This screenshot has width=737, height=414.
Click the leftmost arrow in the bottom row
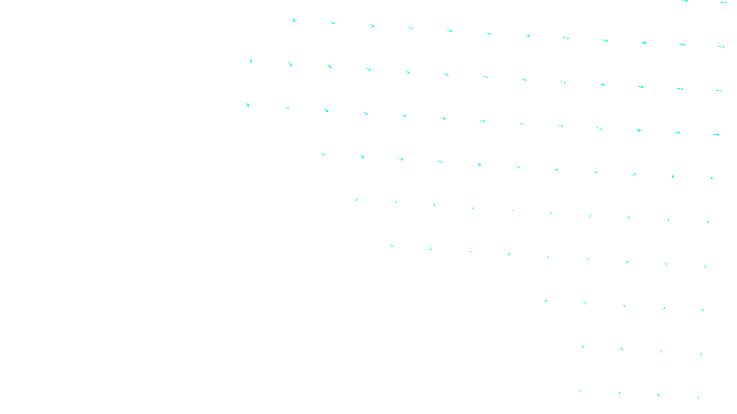click(579, 391)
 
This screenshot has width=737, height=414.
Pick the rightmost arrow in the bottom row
click(698, 398)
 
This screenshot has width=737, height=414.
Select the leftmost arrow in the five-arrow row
click(545, 301)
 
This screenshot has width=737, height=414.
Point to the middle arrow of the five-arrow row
click(624, 305)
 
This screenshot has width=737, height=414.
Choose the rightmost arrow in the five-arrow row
click(703, 310)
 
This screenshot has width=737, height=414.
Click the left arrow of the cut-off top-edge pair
click(685, 1)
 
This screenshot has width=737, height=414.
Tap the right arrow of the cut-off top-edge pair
click(724, 3)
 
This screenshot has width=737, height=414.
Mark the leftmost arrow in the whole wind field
click(247, 105)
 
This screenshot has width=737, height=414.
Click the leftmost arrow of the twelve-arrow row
click(293, 20)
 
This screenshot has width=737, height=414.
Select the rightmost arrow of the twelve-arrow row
click(721, 47)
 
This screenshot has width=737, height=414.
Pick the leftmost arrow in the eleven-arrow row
click(323, 154)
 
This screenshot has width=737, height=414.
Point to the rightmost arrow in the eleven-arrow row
click(712, 178)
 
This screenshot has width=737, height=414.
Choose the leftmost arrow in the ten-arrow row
click(357, 200)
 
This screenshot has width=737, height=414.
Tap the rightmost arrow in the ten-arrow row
click(708, 222)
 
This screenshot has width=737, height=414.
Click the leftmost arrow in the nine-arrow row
click(392, 246)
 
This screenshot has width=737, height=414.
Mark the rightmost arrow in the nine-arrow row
click(705, 267)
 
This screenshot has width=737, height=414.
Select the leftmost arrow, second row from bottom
click(582, 347)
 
